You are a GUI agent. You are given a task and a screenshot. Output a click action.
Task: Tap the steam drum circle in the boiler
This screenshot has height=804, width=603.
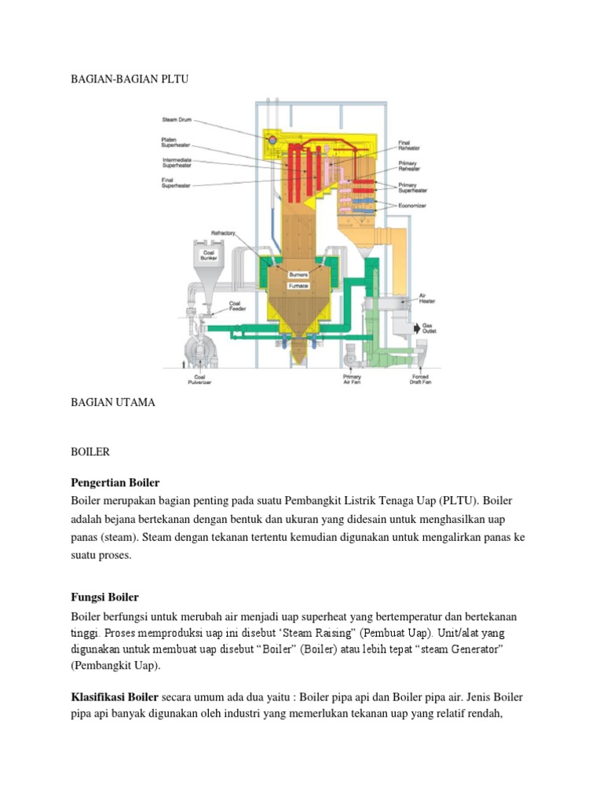(272, 140)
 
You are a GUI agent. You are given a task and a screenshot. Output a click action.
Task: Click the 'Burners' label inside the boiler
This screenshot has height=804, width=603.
(299, 276)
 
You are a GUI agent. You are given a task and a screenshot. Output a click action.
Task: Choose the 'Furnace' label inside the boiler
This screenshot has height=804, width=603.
(299, 286)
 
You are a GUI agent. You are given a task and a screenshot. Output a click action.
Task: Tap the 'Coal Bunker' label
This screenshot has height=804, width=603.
(208, 254)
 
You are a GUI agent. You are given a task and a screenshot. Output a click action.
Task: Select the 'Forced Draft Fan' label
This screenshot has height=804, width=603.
(417, 379)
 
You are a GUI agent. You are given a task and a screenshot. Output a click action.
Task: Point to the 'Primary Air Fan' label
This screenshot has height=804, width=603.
(353, 379)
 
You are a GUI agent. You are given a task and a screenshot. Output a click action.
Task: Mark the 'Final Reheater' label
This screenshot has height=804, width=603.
(409, 145)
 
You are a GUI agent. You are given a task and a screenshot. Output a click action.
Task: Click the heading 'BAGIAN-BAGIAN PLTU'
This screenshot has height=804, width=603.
(130, 79)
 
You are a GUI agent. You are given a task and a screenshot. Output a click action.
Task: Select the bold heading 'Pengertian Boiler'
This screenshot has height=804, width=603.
(115, 481)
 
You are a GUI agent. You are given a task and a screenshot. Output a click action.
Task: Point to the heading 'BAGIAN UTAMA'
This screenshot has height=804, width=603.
(113, 402)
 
